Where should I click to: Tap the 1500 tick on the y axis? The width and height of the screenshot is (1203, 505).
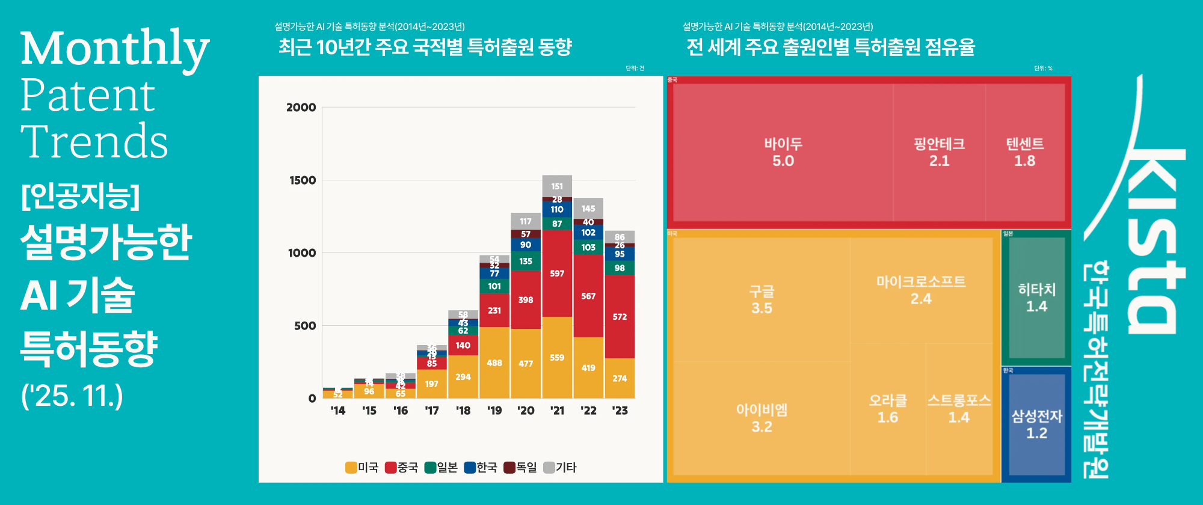point(303,180)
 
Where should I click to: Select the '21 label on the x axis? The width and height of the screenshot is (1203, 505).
point(557,411)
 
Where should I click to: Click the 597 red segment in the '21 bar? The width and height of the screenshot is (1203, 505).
point(557,274)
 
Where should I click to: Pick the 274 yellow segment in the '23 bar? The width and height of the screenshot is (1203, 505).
point(620,378)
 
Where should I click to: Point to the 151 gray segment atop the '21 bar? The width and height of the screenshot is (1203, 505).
point(557,186)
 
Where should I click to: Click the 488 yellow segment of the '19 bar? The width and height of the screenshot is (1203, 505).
point(494,363)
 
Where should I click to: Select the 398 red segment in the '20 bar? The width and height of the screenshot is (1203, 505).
point(526,299)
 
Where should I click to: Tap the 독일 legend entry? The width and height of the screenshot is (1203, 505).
point(520,467)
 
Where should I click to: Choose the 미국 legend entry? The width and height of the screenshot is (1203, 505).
point(362,467)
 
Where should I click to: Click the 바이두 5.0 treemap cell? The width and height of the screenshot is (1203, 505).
point(783,152)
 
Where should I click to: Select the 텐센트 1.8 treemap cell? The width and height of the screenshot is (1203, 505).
point(1024,152)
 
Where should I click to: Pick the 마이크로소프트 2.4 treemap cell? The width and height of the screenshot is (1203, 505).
point(921,290)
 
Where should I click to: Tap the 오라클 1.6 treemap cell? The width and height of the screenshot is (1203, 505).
point(887,409)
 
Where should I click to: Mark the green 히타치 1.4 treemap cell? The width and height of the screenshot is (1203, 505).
point(1036,298)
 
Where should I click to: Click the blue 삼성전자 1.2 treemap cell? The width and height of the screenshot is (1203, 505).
point(1036,424)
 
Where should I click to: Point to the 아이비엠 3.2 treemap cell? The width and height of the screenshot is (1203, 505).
point(761,418)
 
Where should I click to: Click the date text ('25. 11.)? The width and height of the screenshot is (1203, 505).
point(72,396)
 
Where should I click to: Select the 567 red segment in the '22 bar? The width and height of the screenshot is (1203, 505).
point(588,296)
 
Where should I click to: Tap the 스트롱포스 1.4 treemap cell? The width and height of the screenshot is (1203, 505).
point(959,409)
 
